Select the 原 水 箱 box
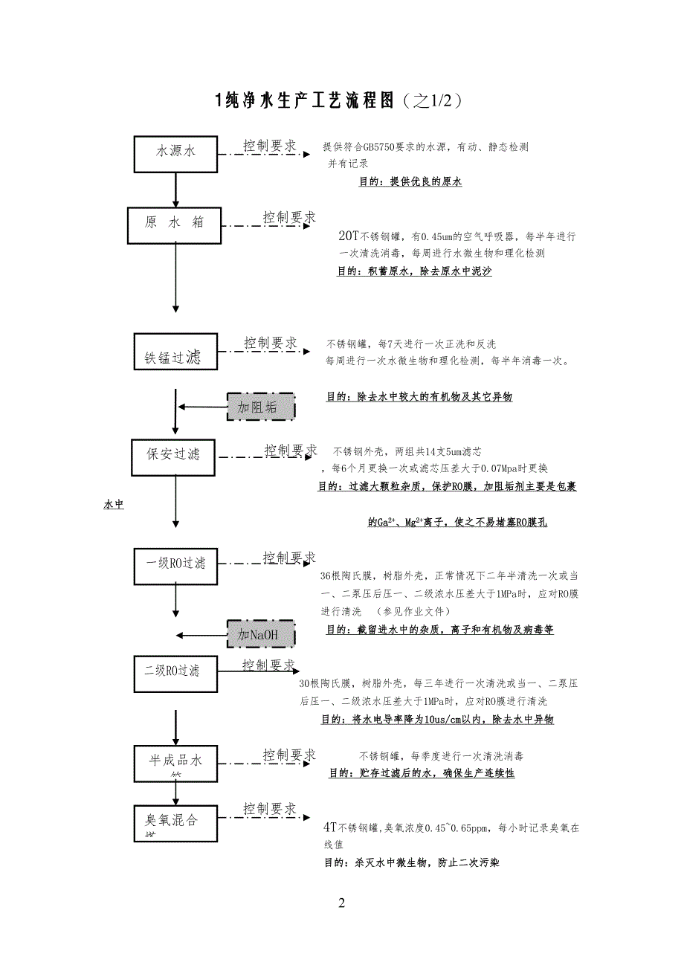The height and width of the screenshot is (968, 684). click(175, 223)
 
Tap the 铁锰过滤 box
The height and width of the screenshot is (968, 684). click(175, 351)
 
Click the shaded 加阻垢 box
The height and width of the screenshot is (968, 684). click(261, 407)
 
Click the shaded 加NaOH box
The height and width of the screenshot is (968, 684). click(261, 634)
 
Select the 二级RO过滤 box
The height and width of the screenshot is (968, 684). click(175, 671)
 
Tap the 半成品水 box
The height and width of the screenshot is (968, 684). click(175, 763)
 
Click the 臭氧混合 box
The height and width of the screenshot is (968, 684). click(175, 823)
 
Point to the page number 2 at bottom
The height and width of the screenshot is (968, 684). click(341, 903)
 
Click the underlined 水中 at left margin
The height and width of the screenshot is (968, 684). click(114, 505)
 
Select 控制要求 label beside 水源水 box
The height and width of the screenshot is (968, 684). click(270, 146)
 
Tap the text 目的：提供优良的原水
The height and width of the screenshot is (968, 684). click(410, 181)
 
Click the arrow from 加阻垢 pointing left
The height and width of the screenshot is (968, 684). click(202, 407)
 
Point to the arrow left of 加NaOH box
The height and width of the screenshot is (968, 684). click(202, 634)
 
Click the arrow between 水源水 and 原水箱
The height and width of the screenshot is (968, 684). click(175, 190)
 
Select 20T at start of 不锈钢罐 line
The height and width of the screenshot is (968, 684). click(348, 236)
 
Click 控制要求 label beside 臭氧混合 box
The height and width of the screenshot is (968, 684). click(270, 809)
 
